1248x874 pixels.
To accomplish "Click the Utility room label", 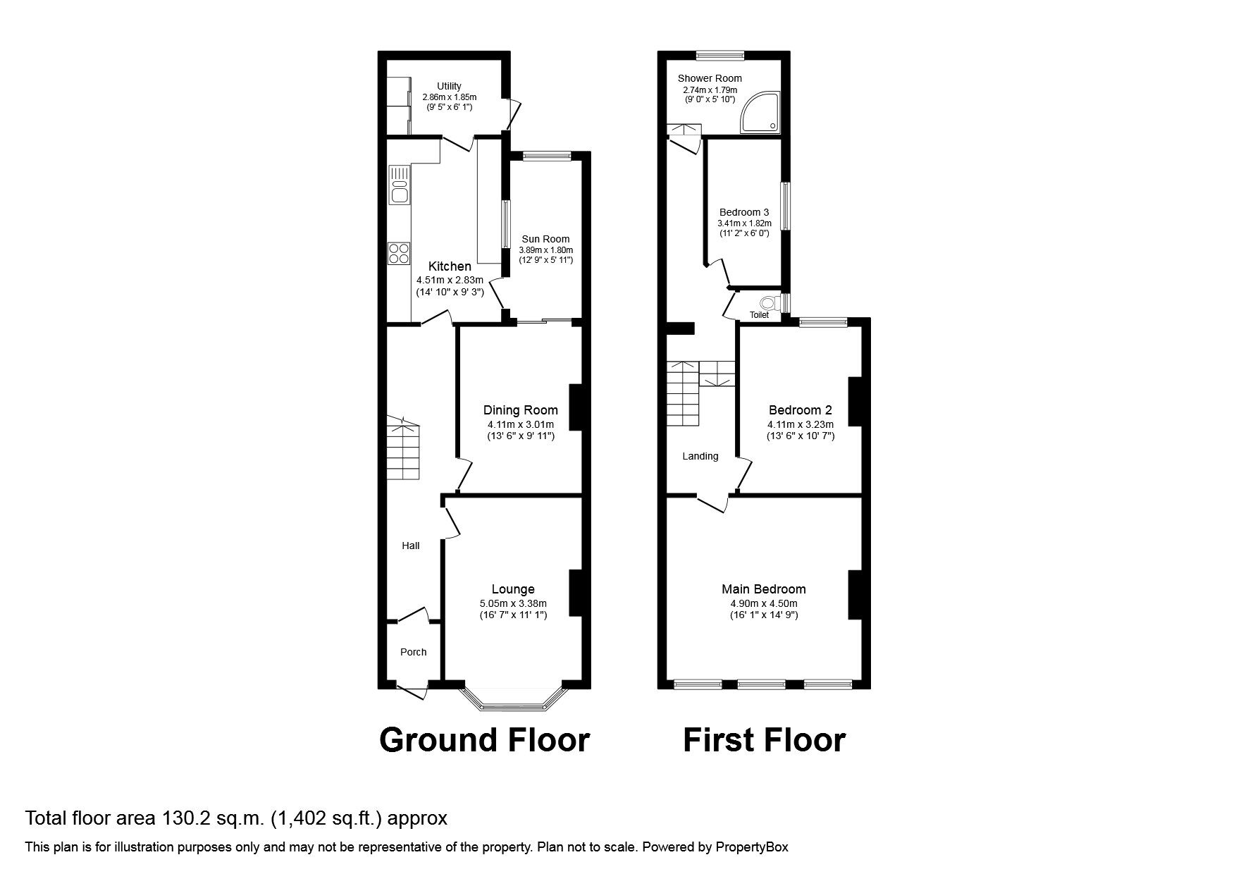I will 449,86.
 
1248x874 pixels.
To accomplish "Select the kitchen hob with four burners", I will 399,252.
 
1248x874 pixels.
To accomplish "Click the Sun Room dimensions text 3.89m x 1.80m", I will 545,250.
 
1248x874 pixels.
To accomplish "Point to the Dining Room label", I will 520,410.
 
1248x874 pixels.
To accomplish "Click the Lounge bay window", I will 513,702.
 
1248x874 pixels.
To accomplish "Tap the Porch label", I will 413,652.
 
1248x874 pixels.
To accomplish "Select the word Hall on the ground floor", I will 410,546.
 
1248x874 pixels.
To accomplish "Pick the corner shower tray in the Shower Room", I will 761,113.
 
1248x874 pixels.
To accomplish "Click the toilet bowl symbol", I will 769,302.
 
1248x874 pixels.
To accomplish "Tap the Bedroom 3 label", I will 743,212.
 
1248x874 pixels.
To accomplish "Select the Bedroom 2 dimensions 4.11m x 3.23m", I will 800,424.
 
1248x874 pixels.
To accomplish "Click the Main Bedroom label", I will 763,589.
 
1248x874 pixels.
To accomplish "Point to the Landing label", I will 700,456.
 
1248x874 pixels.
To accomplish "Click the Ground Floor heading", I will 484,741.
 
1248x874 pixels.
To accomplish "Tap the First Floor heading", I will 764,741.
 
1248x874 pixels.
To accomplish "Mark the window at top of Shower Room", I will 720,54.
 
